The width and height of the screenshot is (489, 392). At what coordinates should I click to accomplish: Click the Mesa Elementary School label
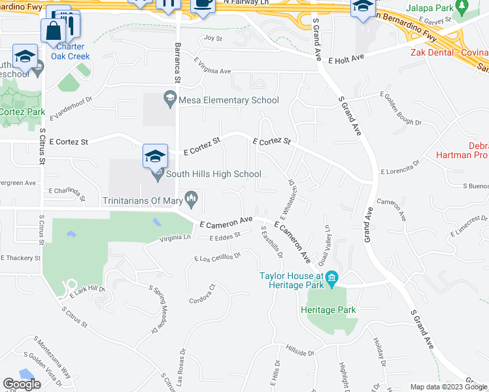tap(229, 100)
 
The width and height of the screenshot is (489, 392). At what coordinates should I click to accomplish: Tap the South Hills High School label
tap(214, 174)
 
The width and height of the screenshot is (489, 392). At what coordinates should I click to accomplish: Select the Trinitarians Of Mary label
tap(143, 200)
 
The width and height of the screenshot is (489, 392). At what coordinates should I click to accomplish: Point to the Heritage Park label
tap(332, 310)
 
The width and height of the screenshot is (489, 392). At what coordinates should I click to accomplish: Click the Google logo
tap(22, 384)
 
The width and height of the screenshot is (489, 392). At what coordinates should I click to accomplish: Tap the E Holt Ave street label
tap(346, 59)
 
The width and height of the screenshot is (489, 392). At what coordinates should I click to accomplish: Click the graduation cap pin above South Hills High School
tap(155, 156)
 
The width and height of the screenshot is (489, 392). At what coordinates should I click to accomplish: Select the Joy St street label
tap(213, 38)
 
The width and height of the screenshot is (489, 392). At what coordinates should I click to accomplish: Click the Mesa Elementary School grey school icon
tap(170, 99)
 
